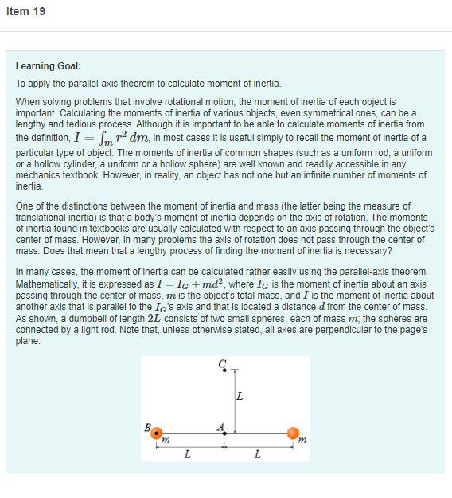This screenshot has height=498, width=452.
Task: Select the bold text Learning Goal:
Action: point(48,66)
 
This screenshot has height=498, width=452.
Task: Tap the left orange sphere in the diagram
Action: point(157,433)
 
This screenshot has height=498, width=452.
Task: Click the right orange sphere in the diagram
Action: point(293,433)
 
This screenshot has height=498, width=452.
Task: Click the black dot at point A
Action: point(225,433)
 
